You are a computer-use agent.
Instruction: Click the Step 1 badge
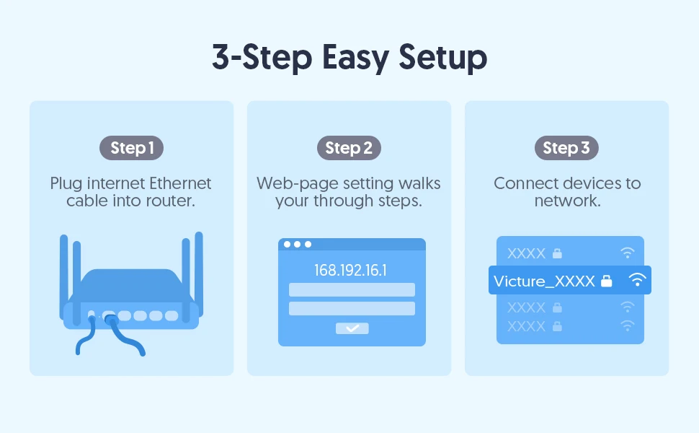click(131, 148)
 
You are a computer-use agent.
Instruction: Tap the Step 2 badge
click(349, 148)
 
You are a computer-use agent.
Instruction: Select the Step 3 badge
click(566, 148)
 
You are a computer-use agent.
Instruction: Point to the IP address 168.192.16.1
click(351, 271)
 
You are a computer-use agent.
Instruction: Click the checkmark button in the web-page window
click(352, 328)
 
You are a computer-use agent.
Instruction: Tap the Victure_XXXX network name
click(544, 281)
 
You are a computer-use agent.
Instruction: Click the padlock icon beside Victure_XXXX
click(607, 281)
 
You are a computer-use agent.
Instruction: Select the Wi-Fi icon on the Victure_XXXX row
click(637, 280)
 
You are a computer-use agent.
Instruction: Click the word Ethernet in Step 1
click(177, 183)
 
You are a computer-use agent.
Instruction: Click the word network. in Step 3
click(567, 201)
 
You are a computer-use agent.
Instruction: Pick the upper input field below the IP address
click(352, 289)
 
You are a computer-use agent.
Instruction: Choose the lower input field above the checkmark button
click(352, 308)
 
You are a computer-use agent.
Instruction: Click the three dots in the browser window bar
click(297, 245)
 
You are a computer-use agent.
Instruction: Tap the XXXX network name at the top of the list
click(526, 253)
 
